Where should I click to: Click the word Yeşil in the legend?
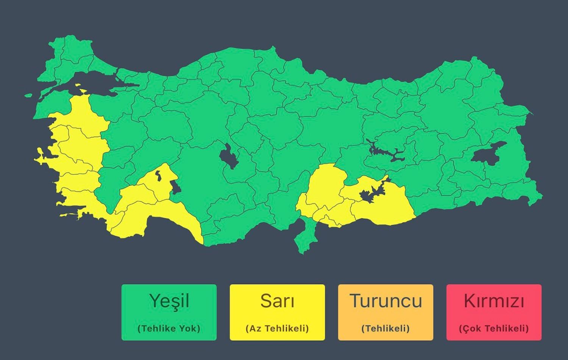169,301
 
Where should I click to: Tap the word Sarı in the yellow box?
277,301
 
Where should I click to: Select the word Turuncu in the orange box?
385,301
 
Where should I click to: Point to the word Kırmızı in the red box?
494,302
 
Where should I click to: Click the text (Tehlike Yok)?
169,328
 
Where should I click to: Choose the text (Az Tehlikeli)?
277,328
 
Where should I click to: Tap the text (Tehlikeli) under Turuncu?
385,328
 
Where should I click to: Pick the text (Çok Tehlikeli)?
494,328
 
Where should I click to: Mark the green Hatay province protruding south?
305,237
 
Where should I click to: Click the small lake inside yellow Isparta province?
158,175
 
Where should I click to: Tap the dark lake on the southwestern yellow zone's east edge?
175,187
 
